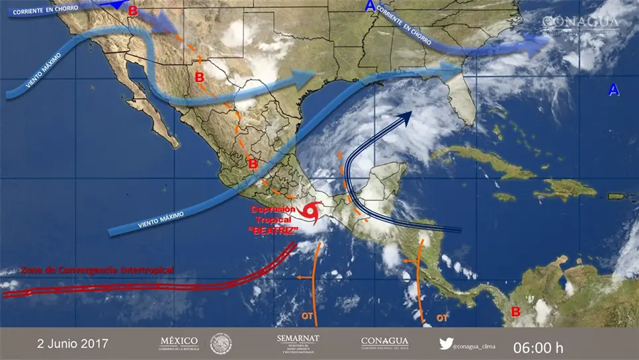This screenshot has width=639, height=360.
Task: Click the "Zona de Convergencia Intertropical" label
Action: [97, 270]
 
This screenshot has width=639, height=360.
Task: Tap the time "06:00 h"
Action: [538, 346]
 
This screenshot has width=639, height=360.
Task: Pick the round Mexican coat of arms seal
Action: [221, 343]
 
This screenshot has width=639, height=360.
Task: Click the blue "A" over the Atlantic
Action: [614, 90]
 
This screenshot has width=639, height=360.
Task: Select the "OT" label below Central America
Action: [442, 318]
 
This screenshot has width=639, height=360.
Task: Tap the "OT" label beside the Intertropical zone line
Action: [307, 316]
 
